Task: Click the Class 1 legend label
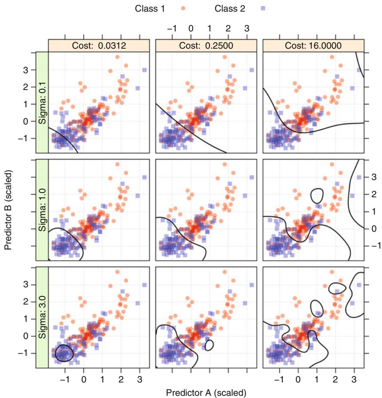[x=154, y=7]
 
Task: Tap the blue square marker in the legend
[x=256, y=7]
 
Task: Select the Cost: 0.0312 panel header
[x=99, y=45]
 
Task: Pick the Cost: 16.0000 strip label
[x=313, y=45]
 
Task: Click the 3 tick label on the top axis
[x=246, y=28]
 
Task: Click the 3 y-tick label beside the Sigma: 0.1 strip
[x=31, y=70]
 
